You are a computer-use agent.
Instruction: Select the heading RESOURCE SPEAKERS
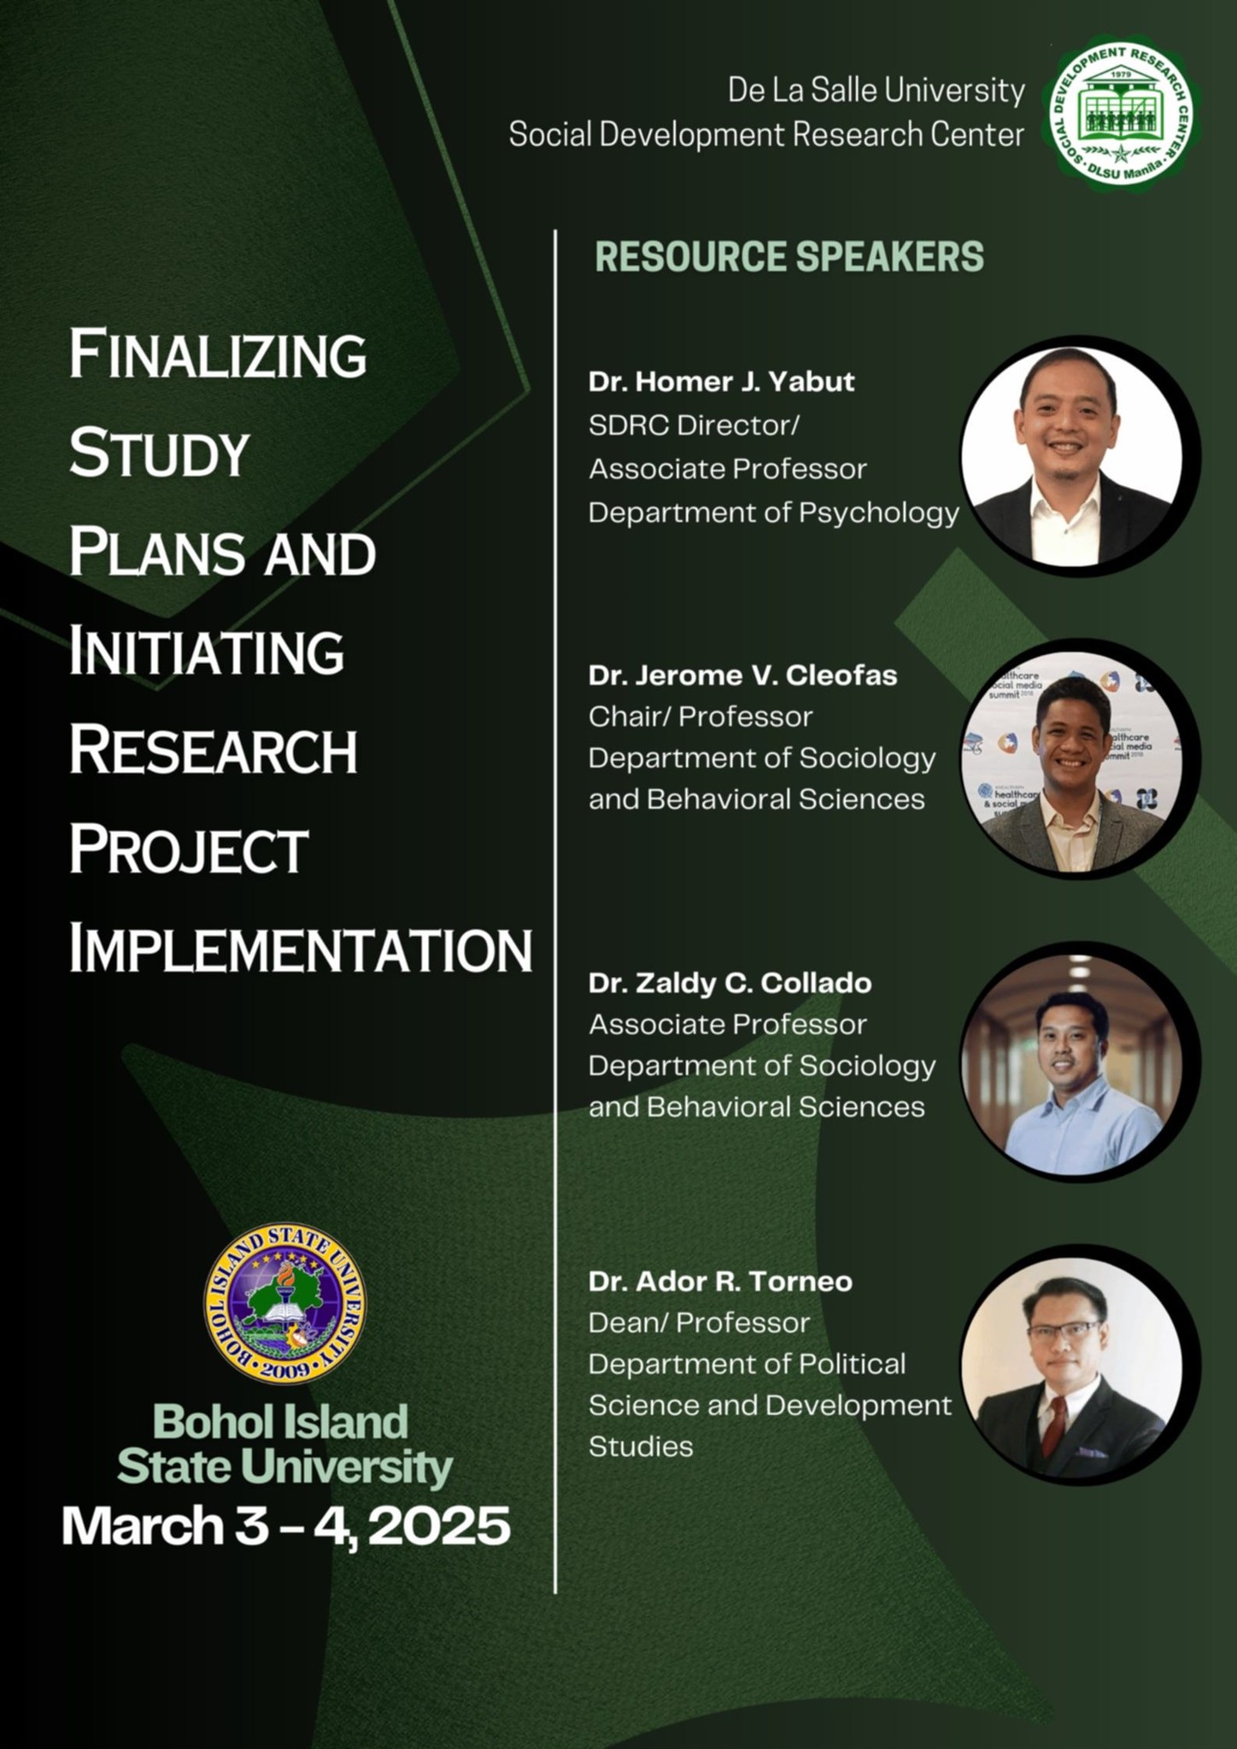click(x=789, y=256)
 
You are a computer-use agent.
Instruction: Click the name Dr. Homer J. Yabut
click(x=721, y=381)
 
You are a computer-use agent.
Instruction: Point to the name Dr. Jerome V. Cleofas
click(x=742, y=676)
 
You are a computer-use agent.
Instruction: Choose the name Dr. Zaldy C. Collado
click(x=730, y=983)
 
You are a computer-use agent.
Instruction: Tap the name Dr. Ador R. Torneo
click(x=720, y=1281)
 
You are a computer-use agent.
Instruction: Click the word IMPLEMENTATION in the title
click(x=301, y=949)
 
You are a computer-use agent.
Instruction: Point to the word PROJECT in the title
click(x=188, y=850)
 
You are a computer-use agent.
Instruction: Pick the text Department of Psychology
click(x=774, y=513)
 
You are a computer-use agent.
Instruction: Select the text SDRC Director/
click(x=694, y=425)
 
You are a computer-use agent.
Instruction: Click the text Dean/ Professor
click(x=699, y=1323)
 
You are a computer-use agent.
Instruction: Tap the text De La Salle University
click(x=876, y=90)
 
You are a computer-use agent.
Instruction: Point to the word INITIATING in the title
click(x=207, y=652)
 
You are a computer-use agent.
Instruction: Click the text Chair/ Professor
click(x=701, y=717)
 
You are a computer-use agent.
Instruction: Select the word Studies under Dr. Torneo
click(x=641, y=1447)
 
